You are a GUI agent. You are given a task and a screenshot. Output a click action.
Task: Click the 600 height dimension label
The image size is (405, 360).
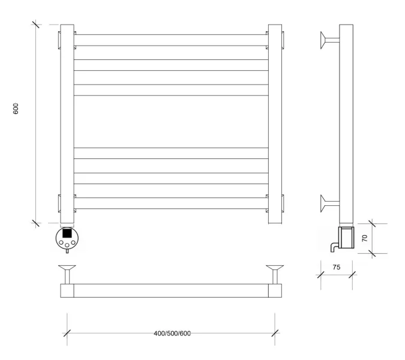point(16,109)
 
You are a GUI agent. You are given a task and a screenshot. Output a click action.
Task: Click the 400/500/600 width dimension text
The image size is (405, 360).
point(172,334)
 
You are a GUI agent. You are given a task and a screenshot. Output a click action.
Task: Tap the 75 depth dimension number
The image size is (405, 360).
point(337,267)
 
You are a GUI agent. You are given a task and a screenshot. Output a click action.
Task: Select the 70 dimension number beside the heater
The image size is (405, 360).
point(365,238)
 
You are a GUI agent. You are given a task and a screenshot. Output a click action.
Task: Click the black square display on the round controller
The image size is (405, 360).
point(67,233)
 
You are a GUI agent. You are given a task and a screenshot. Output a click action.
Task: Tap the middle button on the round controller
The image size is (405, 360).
point(67,245)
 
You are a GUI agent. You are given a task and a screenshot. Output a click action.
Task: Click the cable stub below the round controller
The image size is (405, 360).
point(67,251)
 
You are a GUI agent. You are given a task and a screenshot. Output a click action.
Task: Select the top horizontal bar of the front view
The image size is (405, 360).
point(171,40)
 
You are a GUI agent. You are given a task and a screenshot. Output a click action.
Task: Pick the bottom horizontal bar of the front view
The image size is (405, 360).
point(171,203)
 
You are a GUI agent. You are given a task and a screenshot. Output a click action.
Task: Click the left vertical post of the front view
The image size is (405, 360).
point(67,124)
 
